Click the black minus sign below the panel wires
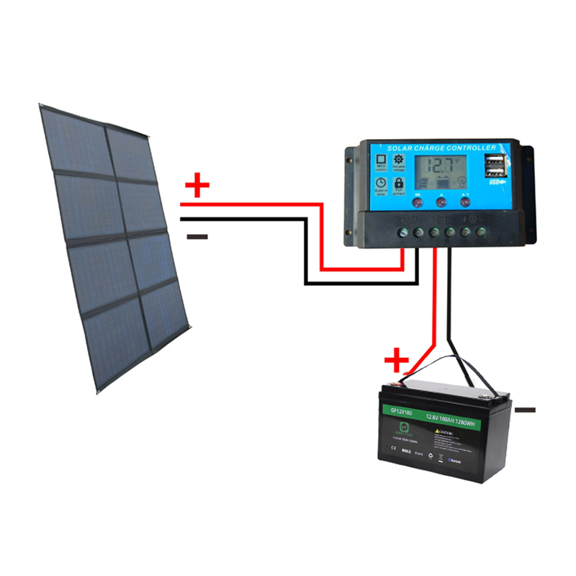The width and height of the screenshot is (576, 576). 197,236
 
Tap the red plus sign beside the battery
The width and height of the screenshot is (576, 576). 396,359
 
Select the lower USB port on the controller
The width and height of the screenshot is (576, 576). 495,173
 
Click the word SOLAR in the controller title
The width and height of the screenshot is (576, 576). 401,148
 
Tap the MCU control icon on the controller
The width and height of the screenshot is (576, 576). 381,162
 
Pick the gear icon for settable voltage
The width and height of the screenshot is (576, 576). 398,160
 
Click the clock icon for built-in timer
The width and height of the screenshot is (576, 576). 381,184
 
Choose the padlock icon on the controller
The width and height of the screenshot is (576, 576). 398,184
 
